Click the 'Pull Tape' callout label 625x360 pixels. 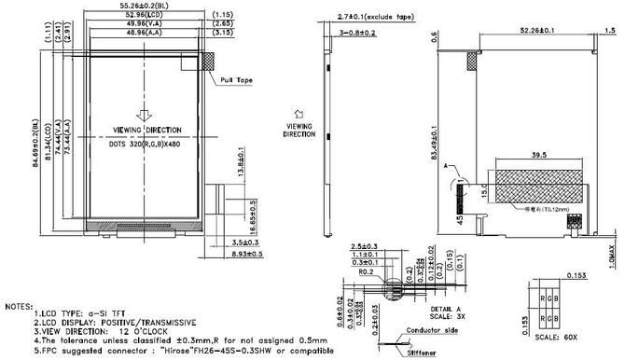[x=238, y=81]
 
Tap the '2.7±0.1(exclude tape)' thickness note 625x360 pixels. [x=364, y=17]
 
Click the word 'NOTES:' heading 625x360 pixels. [x=21, y=306]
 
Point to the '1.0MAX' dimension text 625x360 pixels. [x=617, y=252]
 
